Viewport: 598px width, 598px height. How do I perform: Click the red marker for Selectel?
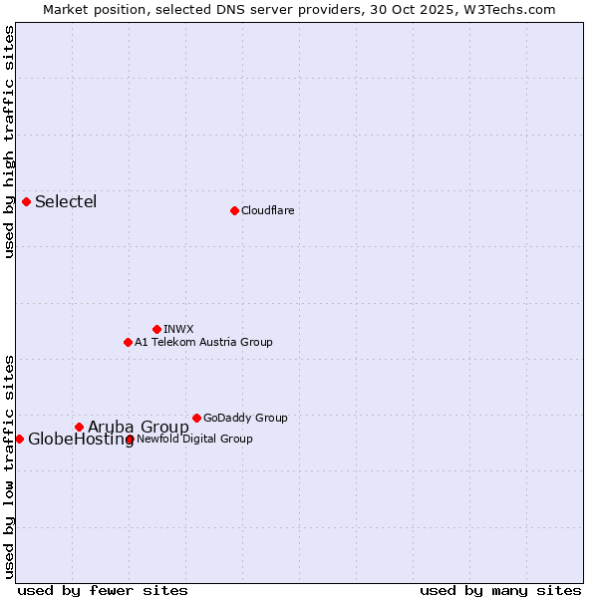26,201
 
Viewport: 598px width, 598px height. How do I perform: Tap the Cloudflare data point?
234,210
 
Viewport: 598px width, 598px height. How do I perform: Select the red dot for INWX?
156,329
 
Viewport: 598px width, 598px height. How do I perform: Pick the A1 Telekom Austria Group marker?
128,342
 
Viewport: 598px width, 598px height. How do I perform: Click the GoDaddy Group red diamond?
196,418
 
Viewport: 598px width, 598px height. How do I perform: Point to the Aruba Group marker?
79,427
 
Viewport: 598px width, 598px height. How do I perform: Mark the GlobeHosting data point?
19,439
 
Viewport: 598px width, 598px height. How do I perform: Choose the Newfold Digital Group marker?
131,439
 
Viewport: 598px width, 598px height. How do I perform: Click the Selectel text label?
66,202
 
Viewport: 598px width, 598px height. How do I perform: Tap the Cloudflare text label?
267,210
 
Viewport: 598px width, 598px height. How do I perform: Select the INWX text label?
178,329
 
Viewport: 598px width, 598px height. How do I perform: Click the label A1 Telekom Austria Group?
203,342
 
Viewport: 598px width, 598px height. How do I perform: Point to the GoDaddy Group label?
245,418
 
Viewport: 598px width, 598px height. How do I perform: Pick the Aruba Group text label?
138,428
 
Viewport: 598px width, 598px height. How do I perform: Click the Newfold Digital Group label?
195,439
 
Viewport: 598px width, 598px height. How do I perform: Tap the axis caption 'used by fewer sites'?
103,590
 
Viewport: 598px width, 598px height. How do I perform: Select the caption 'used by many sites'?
500,590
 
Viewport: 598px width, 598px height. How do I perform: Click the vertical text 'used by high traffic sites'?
9,142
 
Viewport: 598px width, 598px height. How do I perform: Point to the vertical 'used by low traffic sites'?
9,465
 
